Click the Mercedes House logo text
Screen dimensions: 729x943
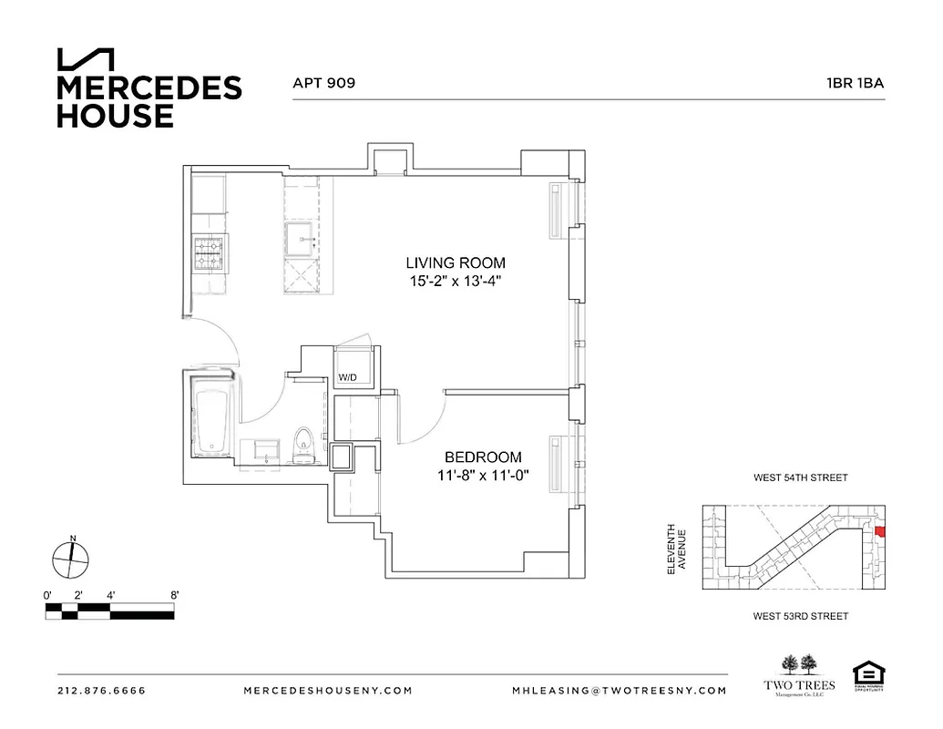[x=149, y=100]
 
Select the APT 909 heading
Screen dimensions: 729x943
[x=323, y=82]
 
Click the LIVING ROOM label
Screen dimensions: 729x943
[x=456, y=263]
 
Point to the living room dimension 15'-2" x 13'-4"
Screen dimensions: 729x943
[x=456, y=282]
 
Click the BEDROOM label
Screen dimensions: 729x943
[x=483, y=457]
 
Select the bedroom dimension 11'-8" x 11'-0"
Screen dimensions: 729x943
[x=483, y=475]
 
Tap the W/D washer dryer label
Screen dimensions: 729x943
[x=348, y=376]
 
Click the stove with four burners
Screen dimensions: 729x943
[x=209, y=254]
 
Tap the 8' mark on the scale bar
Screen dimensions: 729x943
[x=173, y=594]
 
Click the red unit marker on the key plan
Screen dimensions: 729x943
[x=879, y=531]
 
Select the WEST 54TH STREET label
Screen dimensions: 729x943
[x=800, y=477]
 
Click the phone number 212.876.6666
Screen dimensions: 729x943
[x=101, y=691]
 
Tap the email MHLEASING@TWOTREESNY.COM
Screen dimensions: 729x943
[x=620, y=691]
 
